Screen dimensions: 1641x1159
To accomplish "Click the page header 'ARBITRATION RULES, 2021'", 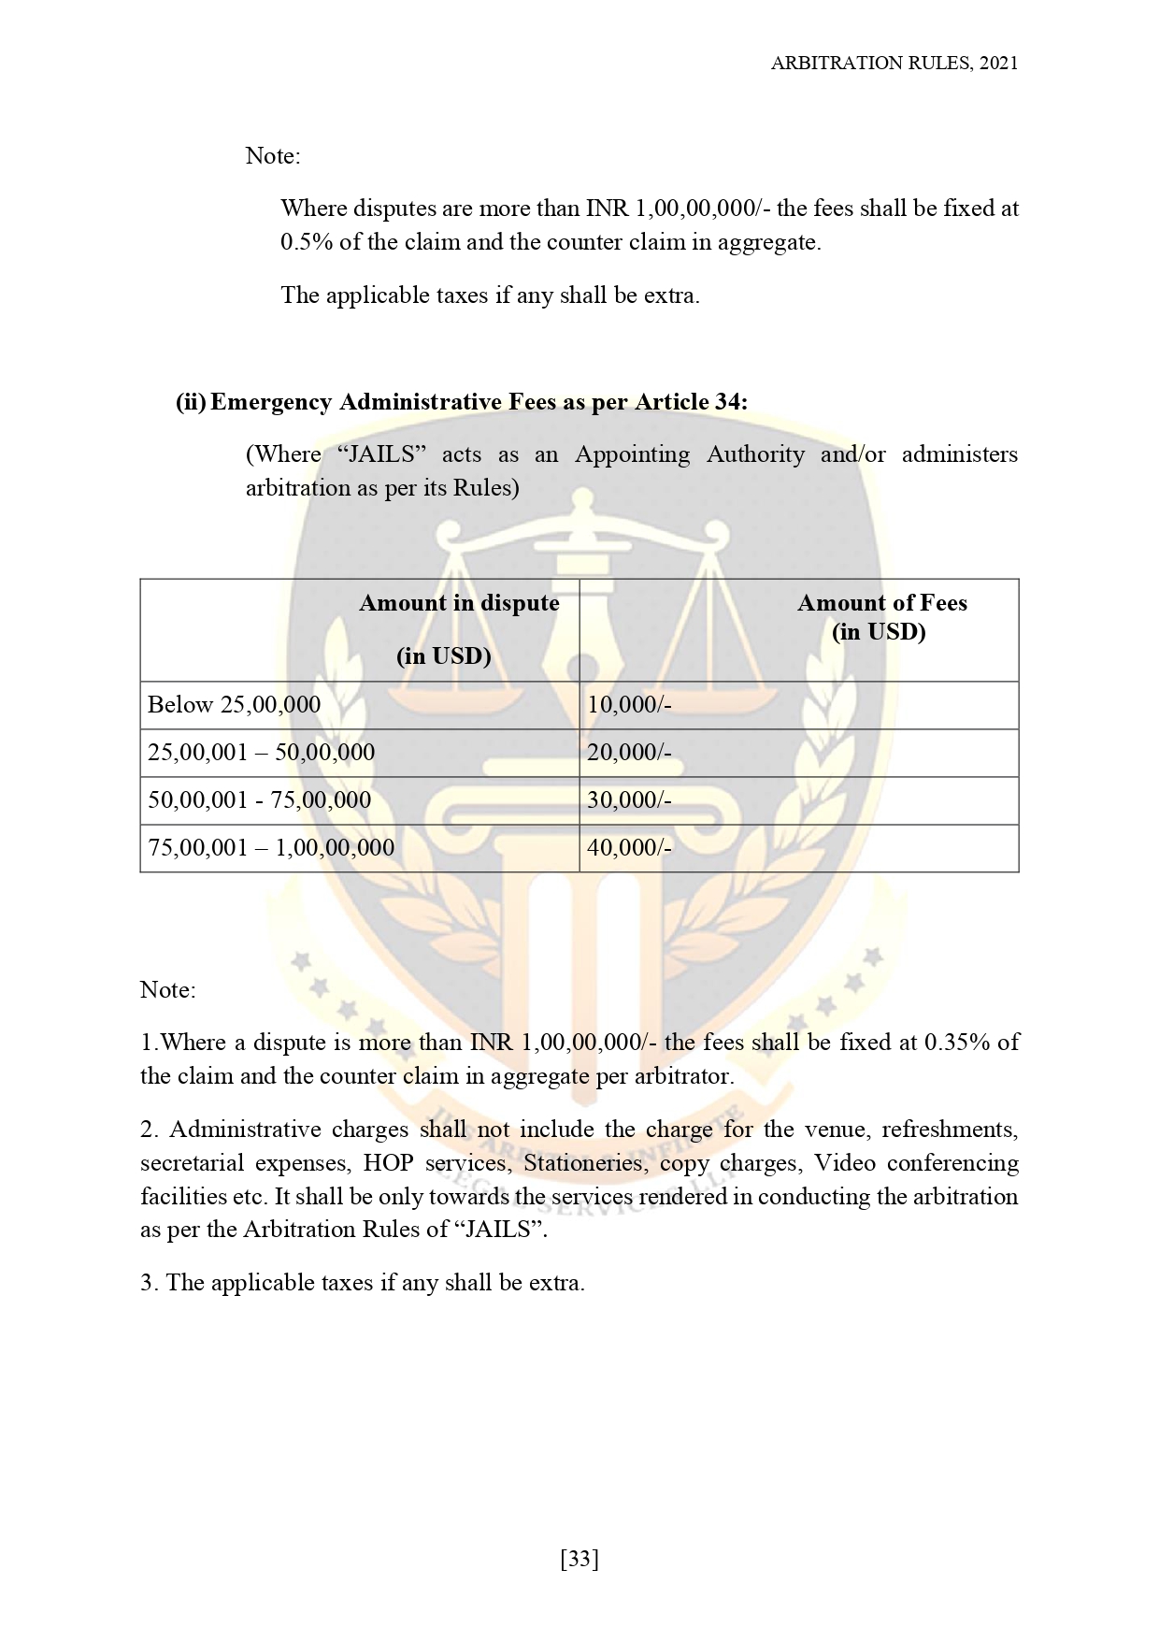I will coord(894,64).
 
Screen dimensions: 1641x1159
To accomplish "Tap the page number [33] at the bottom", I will coord(579,1559).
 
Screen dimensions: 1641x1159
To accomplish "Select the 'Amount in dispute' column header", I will coord(459,604).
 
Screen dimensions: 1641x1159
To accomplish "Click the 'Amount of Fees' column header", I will coord(881,604).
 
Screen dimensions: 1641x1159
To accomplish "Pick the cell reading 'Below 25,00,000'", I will coord(234,705).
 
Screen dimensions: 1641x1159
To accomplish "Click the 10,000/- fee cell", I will coord(629,705).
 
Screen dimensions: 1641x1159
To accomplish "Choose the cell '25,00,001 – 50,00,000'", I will coord(262,753).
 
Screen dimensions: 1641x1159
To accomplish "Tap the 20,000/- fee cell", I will coord(629,753).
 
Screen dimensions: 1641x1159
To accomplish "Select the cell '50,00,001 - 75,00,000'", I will coord(260,800).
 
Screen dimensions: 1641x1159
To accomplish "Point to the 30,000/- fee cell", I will coord(629,800).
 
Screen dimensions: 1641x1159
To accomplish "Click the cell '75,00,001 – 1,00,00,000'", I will coord(271,848).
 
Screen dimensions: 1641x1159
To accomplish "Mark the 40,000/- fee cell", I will coord(629,848).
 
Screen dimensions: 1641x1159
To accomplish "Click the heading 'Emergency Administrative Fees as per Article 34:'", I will coord(479,402).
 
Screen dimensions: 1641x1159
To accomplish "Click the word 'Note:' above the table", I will coord(273,156).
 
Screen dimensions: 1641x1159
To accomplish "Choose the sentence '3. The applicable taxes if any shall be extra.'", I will coord(363,1283).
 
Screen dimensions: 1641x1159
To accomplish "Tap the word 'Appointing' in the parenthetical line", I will coord(632,454).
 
